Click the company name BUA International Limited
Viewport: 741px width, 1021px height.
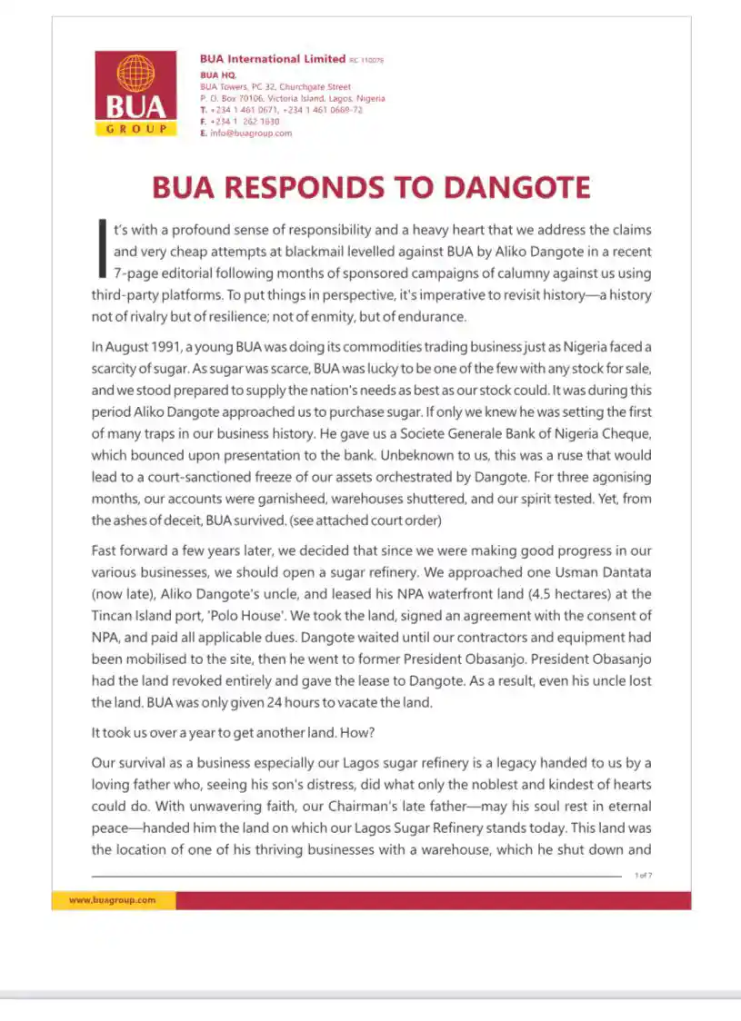272,59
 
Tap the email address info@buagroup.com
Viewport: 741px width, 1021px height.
251,133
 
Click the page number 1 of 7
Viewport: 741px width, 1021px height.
643,875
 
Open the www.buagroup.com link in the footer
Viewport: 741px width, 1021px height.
112,900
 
